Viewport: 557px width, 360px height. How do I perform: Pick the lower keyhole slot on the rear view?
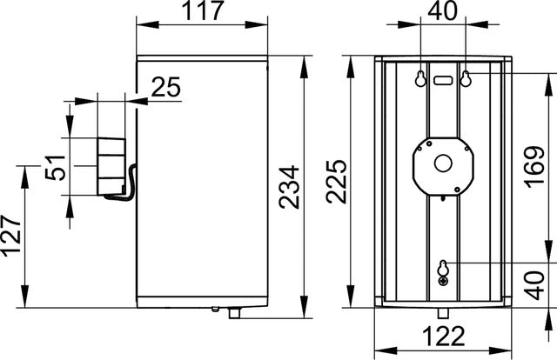[x=445, y=270]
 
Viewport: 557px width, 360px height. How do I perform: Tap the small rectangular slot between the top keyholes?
[x=443, y=79]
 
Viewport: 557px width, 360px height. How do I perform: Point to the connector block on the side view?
[x=111, y=163]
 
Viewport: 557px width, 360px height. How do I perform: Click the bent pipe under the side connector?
[x=129, y=183]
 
